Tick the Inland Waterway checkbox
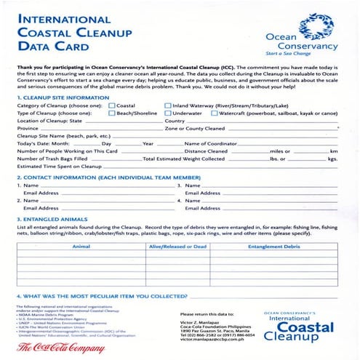point(169,106)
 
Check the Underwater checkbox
point(169,113)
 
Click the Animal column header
point(81,247)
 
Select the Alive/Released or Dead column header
point(177,247)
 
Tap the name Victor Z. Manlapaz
point(201,321)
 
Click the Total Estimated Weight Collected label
point(184,158)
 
